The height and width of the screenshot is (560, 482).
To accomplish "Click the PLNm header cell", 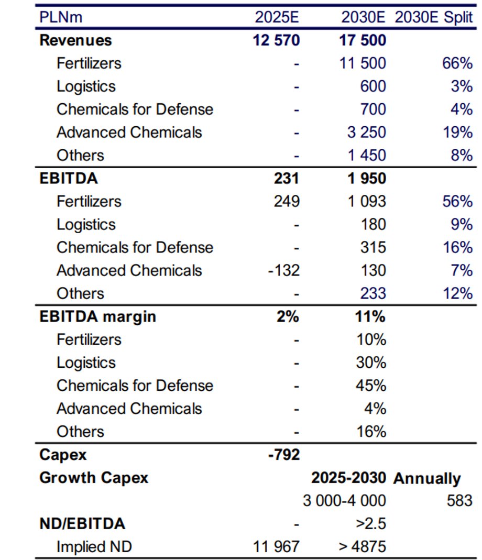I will tap(61, 17).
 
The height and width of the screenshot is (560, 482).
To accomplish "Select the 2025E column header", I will tap(277, 17).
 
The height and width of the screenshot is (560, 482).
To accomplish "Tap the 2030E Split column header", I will tap(433, 17).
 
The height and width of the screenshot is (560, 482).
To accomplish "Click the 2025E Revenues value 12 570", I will tap(276, 40).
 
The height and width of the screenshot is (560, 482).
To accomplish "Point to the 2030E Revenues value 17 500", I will tap(363, 40).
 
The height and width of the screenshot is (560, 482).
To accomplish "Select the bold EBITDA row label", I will tap(68, 178).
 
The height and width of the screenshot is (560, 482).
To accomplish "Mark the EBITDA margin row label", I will tap(97, 316).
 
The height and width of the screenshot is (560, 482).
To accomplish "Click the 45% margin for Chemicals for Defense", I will tap(371, 386).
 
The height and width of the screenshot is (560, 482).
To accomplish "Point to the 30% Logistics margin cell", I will tap(371, 363).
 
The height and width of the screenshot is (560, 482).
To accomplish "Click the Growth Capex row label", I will tap(93, 478).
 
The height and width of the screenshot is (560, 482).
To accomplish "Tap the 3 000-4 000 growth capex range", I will tap(344, 501).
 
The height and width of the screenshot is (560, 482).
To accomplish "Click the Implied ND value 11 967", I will tap(276, 547).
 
